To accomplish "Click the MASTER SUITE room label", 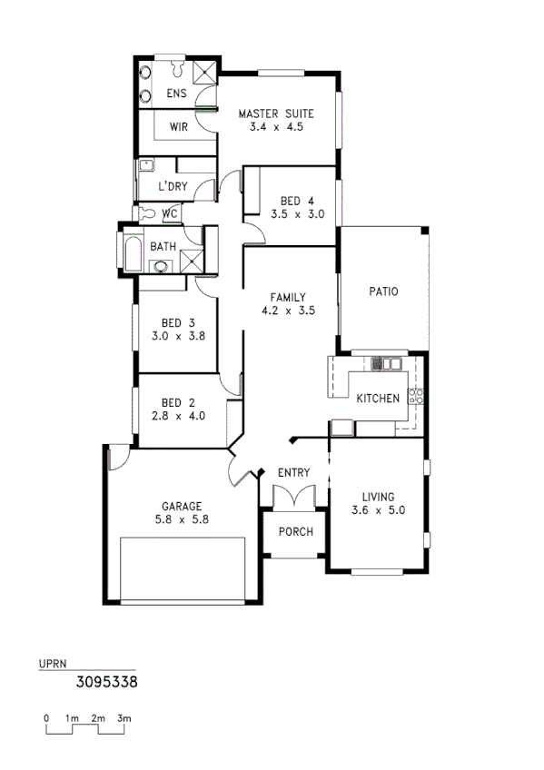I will [x=276, y=114].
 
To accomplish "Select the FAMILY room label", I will [x=288, y=297].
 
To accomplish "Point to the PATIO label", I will [x=384, y=291].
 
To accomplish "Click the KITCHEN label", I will [x=378, y=400].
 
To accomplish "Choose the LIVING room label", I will [x=378, y=497].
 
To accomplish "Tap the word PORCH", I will [x=295, y=531].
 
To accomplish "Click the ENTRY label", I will [x=294, y=472].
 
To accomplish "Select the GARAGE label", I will [x=182, y=507].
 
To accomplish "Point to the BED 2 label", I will [x=178, y=403].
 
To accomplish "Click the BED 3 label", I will [x=178, y=322].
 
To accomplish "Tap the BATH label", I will [x=163, y=246].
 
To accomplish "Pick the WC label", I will [x=170, y=214].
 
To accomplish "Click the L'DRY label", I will [x=173, y=187].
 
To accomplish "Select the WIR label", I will [x=178, y=127].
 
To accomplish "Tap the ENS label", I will [x=176, y=94].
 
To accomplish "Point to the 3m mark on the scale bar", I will [x=124, y=718].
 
